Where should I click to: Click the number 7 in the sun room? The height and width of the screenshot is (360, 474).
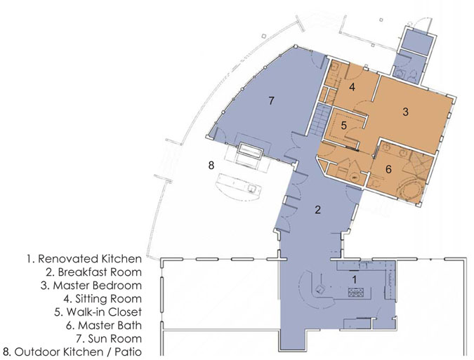[x=272, y=100]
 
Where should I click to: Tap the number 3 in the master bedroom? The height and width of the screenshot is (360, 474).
[x=406, y=112]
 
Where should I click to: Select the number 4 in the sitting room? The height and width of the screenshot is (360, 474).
[x=352, y=87]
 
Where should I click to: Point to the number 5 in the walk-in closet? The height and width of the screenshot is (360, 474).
[x=343, y=126]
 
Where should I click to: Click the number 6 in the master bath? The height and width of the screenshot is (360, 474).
[x=388, y=169]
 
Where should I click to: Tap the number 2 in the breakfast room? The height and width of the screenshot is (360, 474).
[x=317, y=210]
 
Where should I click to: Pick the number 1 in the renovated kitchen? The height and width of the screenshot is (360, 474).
[x=355, y=279]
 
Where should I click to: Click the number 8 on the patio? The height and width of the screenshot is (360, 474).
[x=211, y=165]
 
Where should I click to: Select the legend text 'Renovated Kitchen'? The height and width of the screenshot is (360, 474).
[x=90, y=259]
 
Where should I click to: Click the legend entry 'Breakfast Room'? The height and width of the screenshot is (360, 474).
[x=100, y=272]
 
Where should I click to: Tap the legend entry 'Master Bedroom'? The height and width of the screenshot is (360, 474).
[x=98, y=286]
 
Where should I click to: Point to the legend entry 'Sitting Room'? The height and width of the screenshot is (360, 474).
[x=108, y=299]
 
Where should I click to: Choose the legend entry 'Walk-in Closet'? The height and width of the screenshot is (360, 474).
[x=104, y=312]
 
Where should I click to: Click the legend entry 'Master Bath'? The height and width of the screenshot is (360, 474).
[x=110, y=326]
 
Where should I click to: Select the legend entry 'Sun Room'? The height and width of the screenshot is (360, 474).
[x=115, y=338]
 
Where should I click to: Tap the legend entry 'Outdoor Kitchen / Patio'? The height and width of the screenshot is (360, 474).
[x=78, y=352]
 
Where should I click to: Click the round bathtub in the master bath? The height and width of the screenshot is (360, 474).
[x=411, y=189]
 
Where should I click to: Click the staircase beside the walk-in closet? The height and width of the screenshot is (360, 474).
[x=319, y=121]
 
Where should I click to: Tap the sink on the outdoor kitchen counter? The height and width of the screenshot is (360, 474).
[x=252, y=189]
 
